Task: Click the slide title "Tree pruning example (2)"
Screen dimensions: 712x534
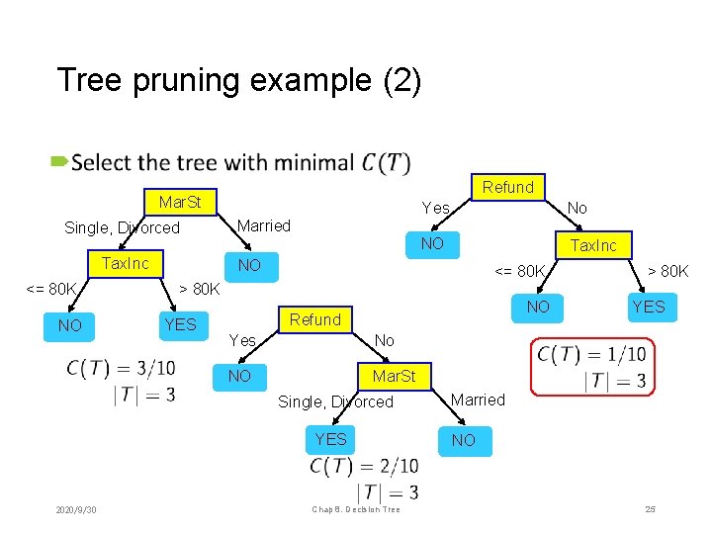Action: click(x=238, y=80)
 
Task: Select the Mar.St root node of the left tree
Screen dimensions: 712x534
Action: click(x=180, y=202)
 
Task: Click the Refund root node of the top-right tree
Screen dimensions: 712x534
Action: click(x=508, y=187)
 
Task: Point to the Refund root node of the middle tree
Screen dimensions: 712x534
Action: click(x=315, y=319)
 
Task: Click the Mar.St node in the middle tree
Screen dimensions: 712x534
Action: click(x=394, y=376)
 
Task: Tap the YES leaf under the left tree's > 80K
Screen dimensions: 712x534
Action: click(x=180, y=324)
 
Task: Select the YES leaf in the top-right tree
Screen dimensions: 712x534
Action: click(x=649, y=307)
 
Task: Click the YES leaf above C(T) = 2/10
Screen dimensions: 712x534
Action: click(x=330, y=439)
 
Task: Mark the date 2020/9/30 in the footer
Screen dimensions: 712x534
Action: click(x=83, y=509)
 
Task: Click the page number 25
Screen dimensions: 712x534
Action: click(x=650, y=509)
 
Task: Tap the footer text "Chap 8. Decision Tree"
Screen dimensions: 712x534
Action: click(x=355, y=509)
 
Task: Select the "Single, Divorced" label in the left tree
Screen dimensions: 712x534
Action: click(x=122, y=227)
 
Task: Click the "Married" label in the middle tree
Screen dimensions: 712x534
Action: click(x=478, y=400)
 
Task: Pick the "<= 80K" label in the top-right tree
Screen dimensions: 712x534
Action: click(x=519, y=270)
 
